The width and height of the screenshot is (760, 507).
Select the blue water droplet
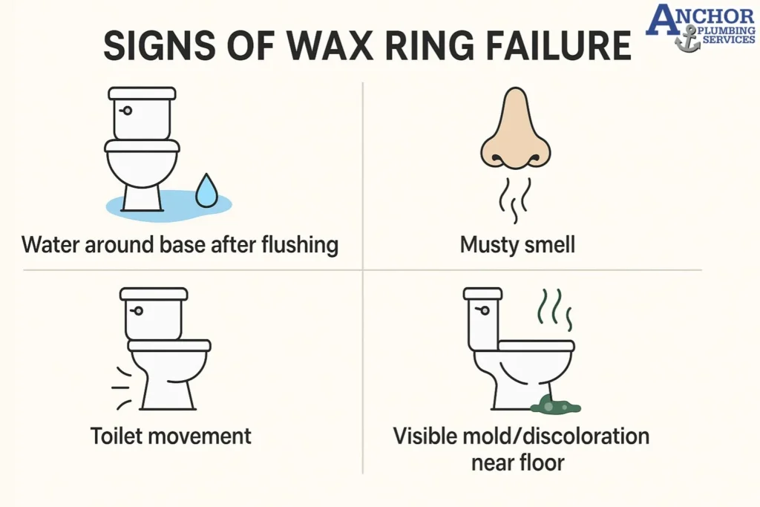(206, 191)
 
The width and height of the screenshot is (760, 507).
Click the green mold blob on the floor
(555, 405)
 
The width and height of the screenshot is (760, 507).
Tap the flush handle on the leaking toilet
(127, 111)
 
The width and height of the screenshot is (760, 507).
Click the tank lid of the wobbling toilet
(154, 294)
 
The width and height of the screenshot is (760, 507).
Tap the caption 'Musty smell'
(517, 244)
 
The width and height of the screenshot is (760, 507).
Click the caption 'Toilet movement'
(171, 436)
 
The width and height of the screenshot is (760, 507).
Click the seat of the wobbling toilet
(169, 345)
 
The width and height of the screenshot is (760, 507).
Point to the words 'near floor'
(517, 462)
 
